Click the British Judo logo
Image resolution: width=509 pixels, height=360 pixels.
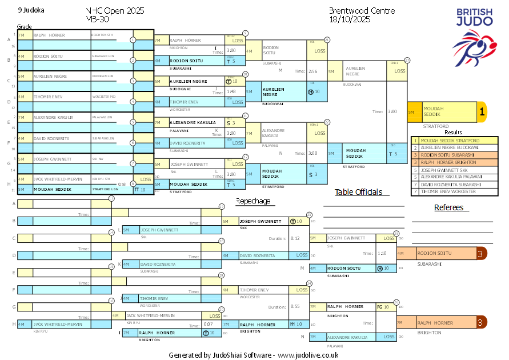pyautogui.click(x=475, y=37)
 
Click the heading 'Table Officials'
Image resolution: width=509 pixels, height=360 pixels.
pyautogui.click(x=358, y=192)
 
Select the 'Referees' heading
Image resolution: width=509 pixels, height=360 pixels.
pyautogui.click(x=448, y=207)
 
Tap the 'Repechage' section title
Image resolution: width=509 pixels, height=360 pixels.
pyautogui.click(x=253, y=201)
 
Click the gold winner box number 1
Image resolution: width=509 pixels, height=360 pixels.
pyautogui.click(x=482, y=113)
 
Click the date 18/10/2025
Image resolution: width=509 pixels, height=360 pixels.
pyautogui.click(x=350, y=19)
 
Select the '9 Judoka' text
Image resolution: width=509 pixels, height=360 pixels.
pyautogui.click(x=31, y=10)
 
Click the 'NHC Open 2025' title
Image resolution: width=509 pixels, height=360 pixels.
pyautogui.click(x=115, y=11)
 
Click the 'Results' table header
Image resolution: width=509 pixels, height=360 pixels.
pyautogui.click(x=453, y=132)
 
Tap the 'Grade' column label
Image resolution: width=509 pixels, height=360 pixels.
pyautogui.click(x=24, y=26)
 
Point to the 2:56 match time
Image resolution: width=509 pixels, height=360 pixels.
pyautogui.click(x=312, y=71)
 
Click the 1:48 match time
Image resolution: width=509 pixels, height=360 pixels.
pyautogui.click(x=231, y=91)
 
